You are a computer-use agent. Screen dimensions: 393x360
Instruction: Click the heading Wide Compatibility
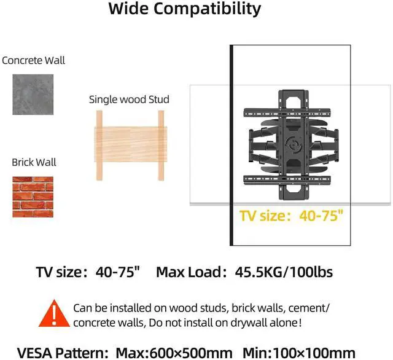coord(185,10)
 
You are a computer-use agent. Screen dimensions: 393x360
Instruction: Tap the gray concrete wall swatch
coord(33,94)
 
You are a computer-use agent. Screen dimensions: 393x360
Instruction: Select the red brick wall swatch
coord(33,197)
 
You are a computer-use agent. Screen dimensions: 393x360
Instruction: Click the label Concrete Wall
coord(33,60)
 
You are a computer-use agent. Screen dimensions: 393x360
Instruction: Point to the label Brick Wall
coord(34,162)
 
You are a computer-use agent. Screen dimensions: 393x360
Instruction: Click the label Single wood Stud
coord(129,100)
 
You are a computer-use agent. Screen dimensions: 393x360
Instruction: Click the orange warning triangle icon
coord(56,314)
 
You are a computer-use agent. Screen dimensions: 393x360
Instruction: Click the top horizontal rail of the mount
coord(289,113)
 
